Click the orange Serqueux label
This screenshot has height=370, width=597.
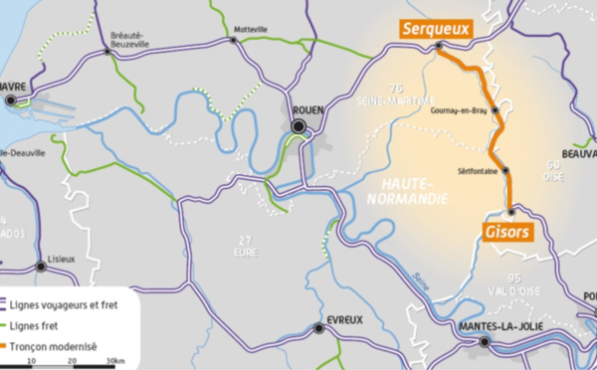pos(434,30)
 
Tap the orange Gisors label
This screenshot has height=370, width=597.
pos(507,231)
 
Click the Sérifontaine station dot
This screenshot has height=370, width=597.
pos(505,170)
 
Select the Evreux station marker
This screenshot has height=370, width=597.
pos(318,327)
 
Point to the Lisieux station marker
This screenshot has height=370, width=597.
pos(41,266)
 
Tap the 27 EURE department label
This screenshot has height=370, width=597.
pos(247,245)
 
